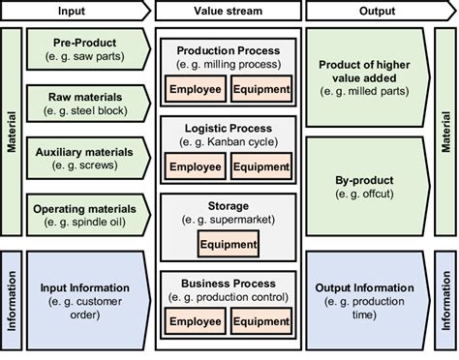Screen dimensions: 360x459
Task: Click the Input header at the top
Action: [76, 11]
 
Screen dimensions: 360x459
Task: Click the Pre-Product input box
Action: [86, 49]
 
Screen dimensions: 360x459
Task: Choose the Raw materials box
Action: [86, 105]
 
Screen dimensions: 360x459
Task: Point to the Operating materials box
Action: [86, 215]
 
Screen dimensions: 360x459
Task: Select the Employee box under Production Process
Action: [196, 89]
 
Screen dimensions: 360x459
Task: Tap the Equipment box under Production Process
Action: [260, 89]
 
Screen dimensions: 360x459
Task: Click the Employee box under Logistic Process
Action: [196, 165]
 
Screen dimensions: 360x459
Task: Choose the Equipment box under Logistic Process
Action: [260, 165]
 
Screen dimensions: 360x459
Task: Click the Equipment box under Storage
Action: [229, 244]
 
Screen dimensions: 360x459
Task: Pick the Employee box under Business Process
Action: [196, 321]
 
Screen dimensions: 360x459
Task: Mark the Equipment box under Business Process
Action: [260, 321]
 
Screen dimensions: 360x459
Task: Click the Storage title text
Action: [228, 205]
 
